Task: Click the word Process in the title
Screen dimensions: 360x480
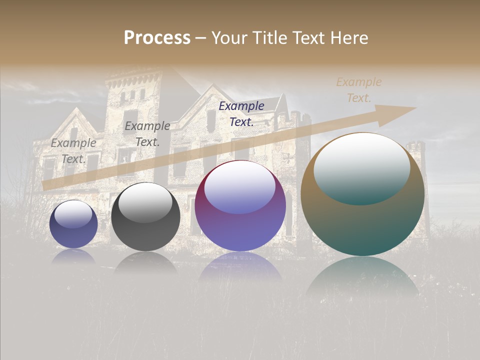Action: (x=157, y=38)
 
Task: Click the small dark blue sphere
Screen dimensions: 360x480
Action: (x=73, y=224)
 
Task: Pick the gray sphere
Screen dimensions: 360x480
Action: (x=145, y=217)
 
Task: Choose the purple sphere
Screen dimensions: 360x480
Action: (x=240, y=206)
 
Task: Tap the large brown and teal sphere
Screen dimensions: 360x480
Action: (x=362, y=194)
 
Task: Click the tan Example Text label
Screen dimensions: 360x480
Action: (x=359, y=90)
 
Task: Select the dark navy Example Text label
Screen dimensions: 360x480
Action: (x=241, y=113)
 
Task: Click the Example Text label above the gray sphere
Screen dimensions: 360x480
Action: (x=147, y=134)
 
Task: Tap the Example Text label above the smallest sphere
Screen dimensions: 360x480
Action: (x=73, y=151)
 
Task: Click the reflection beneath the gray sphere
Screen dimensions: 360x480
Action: (x=145, y=262)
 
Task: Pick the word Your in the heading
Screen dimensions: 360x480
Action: (x=230, y=38)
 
